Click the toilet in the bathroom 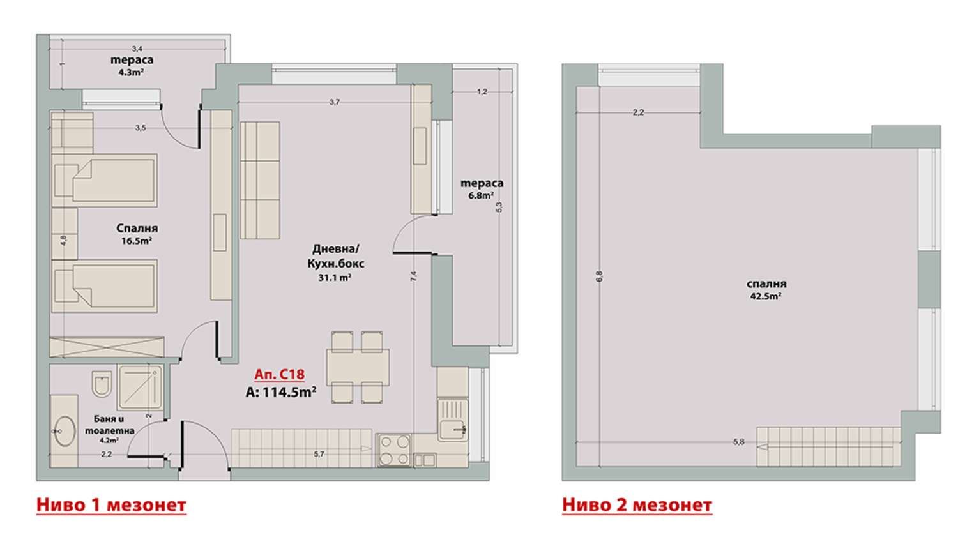coord(102,384)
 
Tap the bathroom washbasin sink coord(64,431)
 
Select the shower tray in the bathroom coord(141,387)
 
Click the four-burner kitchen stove coord(394,450)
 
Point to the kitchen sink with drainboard coord(452,420)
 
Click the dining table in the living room coord(358,367)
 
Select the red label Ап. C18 coord(279,375)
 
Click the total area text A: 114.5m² coord(281,392)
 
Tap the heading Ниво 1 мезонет coord(111,505)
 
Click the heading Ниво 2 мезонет coord(637,505)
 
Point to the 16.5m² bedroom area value coord(137,241)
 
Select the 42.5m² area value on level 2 coord(766,296)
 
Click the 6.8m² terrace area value coord(482,195)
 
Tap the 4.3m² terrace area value coord(131,72)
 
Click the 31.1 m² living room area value coord(335,278)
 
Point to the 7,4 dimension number coord(414,276)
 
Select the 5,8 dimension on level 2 coord(738,442)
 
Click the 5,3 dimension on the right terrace coord(499,207)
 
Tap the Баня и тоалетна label coord(109,425)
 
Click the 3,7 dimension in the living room coord(335,102)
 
